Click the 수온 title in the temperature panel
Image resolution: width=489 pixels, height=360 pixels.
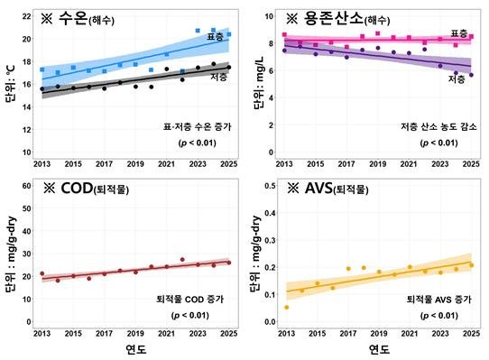point(73,19)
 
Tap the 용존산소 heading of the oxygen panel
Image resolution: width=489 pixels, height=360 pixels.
point(334,18)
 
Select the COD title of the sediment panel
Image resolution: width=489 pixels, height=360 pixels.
point(77,188)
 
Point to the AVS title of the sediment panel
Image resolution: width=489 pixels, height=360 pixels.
point(318,188)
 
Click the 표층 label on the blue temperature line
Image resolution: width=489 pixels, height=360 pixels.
point(216,37)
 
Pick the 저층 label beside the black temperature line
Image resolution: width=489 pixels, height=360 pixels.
point(218,77)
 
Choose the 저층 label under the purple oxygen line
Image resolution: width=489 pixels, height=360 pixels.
point(457,78)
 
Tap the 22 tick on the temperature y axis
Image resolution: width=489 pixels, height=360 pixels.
point(26,16)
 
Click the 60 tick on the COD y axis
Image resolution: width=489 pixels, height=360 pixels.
point(26,186)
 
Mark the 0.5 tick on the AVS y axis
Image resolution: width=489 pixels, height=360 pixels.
point(270,186)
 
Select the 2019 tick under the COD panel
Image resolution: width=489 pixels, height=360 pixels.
point(135,333)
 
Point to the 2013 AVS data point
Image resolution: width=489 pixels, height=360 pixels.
point(287,308)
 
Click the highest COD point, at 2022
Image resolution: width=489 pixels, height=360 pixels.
point(182,260)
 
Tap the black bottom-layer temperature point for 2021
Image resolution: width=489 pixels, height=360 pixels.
point(167,69)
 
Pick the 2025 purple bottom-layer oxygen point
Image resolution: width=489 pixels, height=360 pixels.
point(471,75)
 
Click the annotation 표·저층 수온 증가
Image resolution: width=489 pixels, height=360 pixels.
point(197,126)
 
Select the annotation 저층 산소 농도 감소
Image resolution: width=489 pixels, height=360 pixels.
point(438,126)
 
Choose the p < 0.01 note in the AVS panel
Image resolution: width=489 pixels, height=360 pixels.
point(439,316)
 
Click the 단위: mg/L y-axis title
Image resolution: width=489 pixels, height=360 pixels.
point(259,83)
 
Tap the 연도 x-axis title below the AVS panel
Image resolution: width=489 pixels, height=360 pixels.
point(379,349)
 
